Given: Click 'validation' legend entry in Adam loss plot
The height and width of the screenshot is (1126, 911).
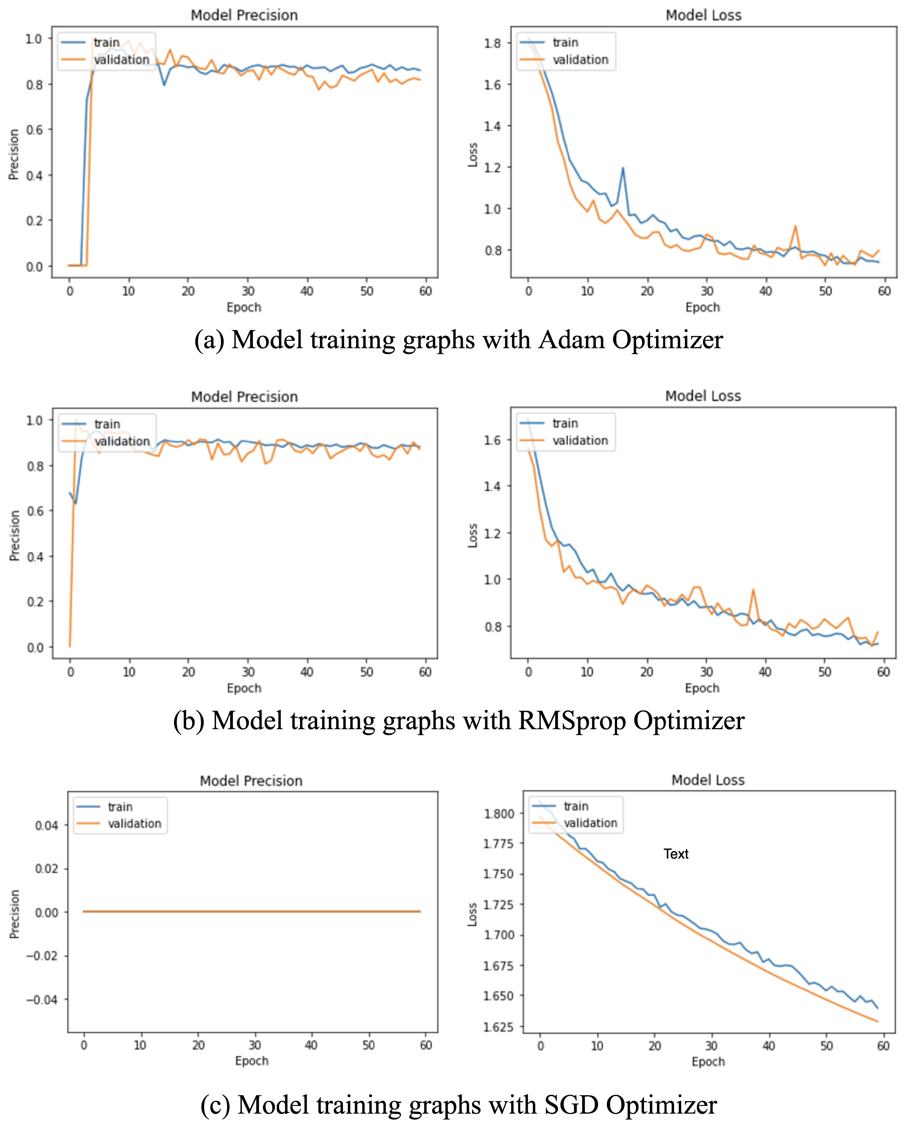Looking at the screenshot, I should pos(580,60).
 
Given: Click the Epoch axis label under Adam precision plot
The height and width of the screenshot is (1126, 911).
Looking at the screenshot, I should pos(243,307).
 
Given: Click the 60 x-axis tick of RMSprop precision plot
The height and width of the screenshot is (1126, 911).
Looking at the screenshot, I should pos(425,672).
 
